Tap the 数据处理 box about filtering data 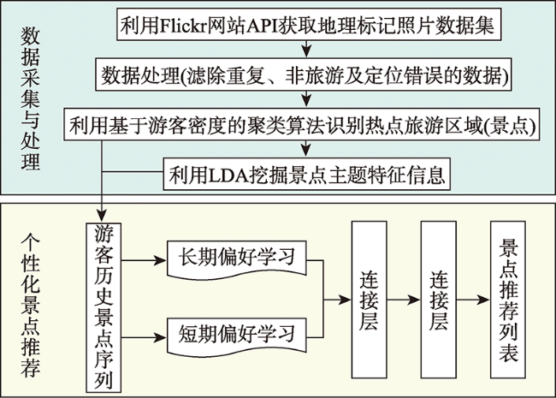tap(303, 74)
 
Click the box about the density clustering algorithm tap(302, 124)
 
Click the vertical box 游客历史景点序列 tap(104, 307)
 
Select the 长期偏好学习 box tap(236, 258)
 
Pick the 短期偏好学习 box tap(236, 336)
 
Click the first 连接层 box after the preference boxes tap(370, 300)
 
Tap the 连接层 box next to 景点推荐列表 tap(438, 300)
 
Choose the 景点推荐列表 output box tap(508, 300)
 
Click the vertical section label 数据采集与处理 tap(30, 98)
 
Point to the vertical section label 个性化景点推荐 tap(30, 305)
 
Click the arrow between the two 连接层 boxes tap(404, 300)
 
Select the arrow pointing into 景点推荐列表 tap(473, 300)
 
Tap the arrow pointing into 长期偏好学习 tap(144, 260)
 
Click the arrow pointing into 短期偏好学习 tap(144, 337)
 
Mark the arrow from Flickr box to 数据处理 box tap(306, 49)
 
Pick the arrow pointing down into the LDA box tap(306, 149)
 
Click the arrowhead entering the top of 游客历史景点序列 tap(102, 216)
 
